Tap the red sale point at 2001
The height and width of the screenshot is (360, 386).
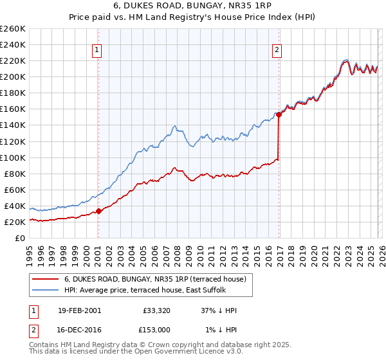98,211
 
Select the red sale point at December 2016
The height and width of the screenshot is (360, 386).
279,114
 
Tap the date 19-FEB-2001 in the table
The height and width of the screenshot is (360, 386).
78,310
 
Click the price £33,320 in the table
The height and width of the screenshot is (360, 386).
157,310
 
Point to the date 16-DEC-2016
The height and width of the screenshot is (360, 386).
78,329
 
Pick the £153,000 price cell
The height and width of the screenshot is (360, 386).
157,329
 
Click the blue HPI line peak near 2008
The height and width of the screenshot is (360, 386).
174,125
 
